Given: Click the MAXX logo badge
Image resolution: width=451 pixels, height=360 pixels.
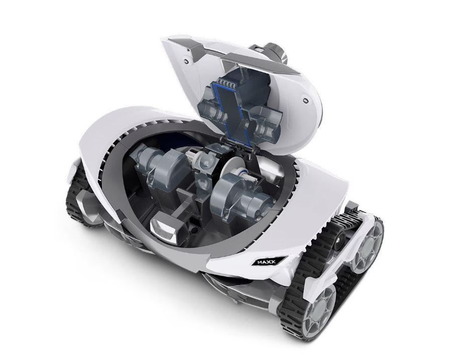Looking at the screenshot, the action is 267,262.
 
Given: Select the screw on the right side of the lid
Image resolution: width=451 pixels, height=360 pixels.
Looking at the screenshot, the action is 305,100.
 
